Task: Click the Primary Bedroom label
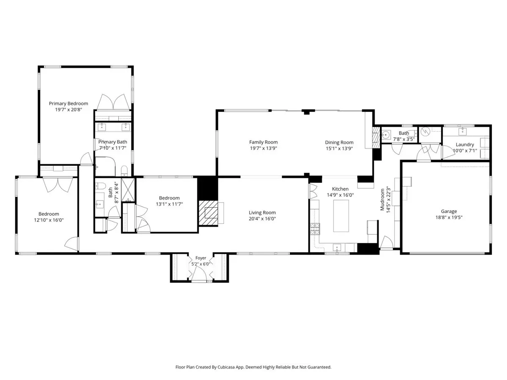pyautogui.click(x=68, y=103)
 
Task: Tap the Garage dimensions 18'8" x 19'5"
pyautogui.click(x=449, y=217)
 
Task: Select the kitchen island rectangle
pyautogui.click(x=341, y=216)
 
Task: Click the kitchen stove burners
pyautogui.click(x=315, y=229)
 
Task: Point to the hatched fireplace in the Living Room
pyautogui.click(x=208, y=213)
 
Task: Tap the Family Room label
pyautogui.click(x=263, y=142)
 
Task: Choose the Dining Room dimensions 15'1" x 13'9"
pyautogui.click(x=339, y=149)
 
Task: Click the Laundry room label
pyautogui.click(x=465, y=145)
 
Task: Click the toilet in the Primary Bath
pyautogui.click(x=124, y=170)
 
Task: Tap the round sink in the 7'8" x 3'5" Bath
pyautogui.click(x=386, y=135)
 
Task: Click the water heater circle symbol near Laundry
pyautogui.click(x=425, y=131)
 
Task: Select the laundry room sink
pyautogui.click(x=462, y=131)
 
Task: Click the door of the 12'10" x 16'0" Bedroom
pyautogui.click(x=71, y=244)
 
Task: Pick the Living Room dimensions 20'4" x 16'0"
pyautogui.click(x=262, y=219)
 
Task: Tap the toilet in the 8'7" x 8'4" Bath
pyautogui.click(x=101, y=186)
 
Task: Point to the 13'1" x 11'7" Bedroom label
pyautogui.click(x=169, y=198)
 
